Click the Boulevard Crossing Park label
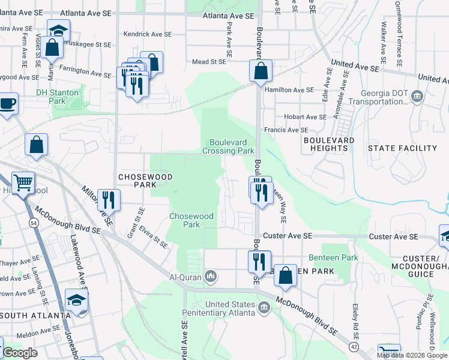232,146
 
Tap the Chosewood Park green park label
191,220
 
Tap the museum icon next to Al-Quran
211,277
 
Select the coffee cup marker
8,103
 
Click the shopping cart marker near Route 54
23,182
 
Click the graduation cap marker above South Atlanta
77,300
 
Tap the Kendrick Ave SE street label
145,35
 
